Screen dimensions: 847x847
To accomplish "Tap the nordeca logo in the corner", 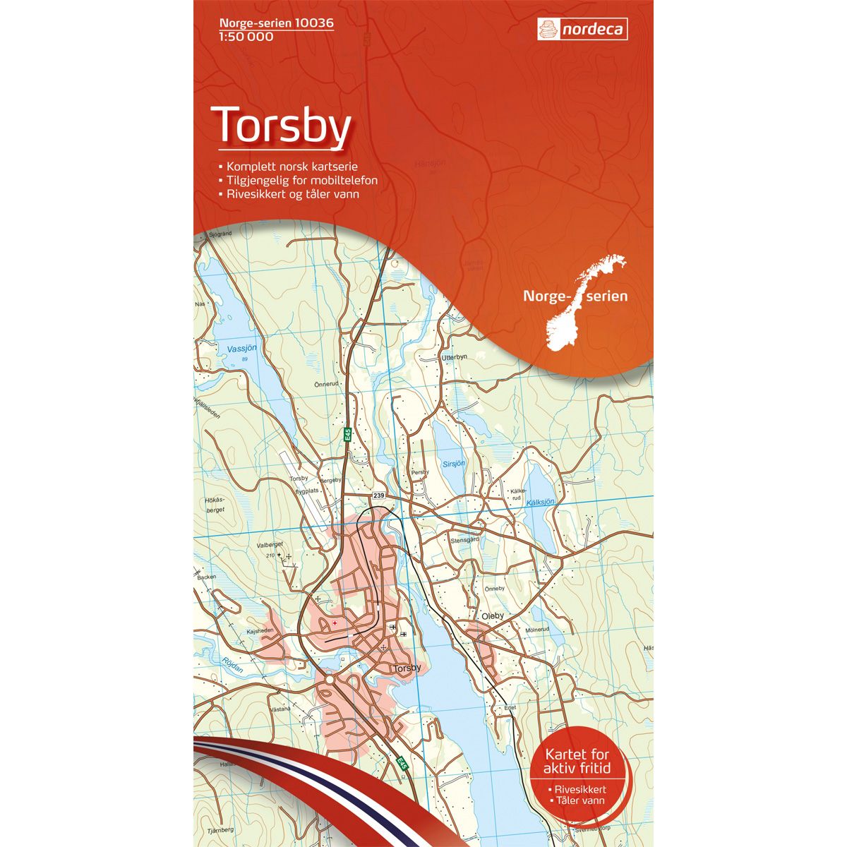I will tap(582, 29).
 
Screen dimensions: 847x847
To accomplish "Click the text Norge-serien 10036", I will tap(267, 23).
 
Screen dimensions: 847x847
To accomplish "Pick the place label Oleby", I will tap(493, 615).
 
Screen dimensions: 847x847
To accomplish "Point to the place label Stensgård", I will tap(464, 540).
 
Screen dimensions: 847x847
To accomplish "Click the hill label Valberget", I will tap(269, 545).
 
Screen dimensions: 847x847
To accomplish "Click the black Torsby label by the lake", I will tap(408, 668).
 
